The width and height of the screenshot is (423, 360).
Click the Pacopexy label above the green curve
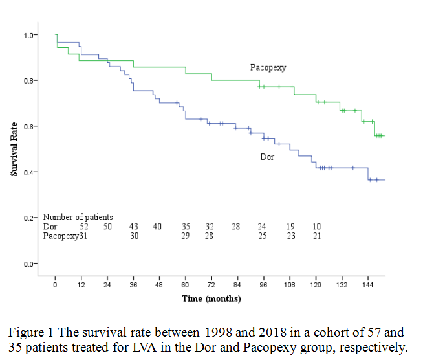(268, 67)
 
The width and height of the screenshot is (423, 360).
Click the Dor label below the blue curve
(267, 157)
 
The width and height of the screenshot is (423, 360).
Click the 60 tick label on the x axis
(185, 285)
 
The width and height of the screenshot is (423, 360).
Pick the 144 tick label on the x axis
(367, 285)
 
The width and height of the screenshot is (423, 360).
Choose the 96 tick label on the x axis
(263, 285)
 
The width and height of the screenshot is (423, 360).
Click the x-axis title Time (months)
(211, 298)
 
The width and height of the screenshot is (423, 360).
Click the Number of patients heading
(78, 218)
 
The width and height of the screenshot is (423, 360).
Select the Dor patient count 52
(84, 227)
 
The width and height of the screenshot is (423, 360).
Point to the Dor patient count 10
(316, 227)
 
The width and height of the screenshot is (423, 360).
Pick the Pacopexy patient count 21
(316, 236)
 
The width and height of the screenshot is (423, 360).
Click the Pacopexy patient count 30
(135, 236)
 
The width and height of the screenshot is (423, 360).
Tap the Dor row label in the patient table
(50, 227)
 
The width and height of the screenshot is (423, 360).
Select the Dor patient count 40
(157, 227)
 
